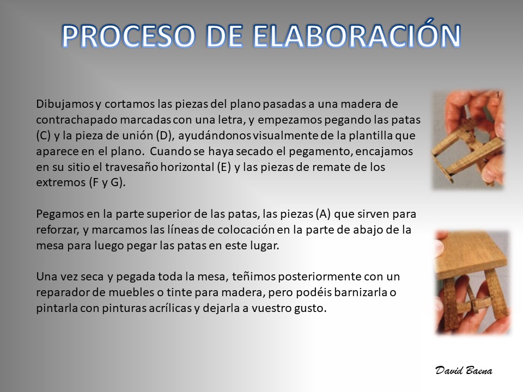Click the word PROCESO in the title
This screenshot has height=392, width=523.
click(x=128, y=36)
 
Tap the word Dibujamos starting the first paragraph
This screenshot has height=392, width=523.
click(x=65, y=104)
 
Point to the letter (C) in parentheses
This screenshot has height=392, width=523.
click(x=43, y=136)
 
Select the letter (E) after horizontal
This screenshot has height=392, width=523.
click(x=223, y=167)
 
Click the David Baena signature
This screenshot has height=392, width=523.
click(x=464, y=370)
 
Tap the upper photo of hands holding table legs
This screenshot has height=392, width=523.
click(x=468, y=140)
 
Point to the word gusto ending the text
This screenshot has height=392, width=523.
click(x=309, y=308)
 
